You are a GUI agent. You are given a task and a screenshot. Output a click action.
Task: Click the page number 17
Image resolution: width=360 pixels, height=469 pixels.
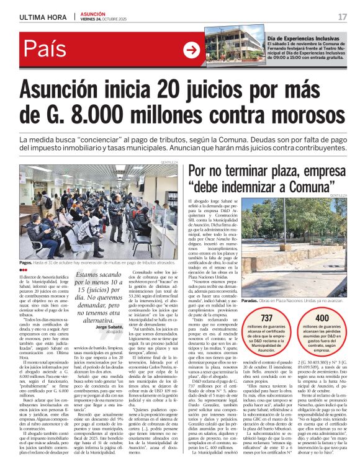tap(342, 16)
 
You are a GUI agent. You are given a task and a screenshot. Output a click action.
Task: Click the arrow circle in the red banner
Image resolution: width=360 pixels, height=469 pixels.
tap(192, 50)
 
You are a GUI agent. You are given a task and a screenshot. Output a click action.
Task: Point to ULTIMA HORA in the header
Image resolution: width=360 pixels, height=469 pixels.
tap(42, 17)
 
